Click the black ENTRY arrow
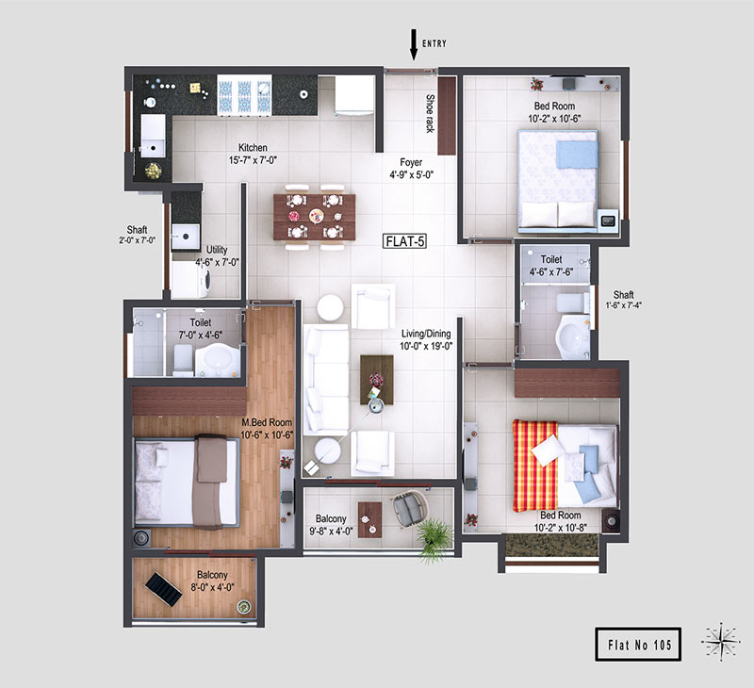pos(413,44)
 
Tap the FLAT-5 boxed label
pos(405,241)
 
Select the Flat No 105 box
pos(638,645)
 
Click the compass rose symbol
pos(720,642)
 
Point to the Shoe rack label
pos(430,113)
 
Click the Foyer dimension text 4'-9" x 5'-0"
pos(411,175)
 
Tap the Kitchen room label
pos(253,148)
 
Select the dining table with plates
pos(315,217)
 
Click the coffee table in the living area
pos(377,380)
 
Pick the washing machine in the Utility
pos(191,280)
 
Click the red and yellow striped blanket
pos(534,466)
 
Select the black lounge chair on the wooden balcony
pos(163,589)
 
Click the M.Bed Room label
pos(267,422)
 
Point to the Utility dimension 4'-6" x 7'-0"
pos(217,262)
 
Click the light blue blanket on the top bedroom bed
pos(577,154)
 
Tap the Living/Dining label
pos(426,334)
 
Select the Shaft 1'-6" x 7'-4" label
pos(623,299)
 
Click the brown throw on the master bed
pos(209,482)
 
